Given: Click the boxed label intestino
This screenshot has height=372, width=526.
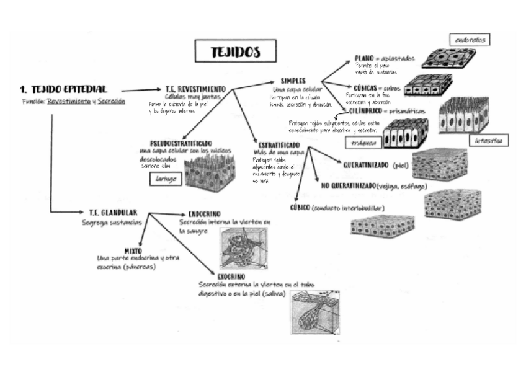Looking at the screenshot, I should tap(488, 141).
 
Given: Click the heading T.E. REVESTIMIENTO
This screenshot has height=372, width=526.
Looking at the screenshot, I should tap(196, 89).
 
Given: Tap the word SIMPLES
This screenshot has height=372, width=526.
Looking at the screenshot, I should tap(293, 81).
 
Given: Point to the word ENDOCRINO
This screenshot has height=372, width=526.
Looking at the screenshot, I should tap(204, 214).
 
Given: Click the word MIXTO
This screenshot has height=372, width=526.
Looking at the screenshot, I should tap(133, 250).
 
